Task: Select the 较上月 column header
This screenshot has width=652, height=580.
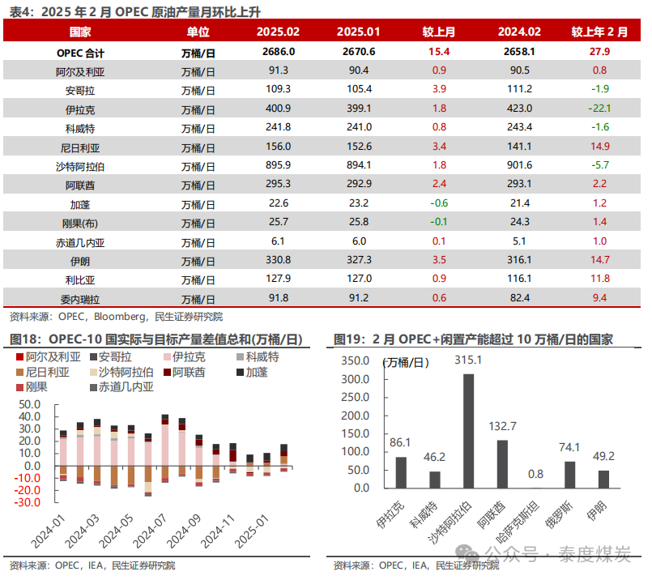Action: point(438,32)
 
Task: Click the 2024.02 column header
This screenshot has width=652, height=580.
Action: point(519,32)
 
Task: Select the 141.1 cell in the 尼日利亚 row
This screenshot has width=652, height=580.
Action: point(519,146)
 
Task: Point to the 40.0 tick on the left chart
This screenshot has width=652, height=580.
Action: point(29,416)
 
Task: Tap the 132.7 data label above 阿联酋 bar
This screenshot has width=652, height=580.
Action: point(503,426)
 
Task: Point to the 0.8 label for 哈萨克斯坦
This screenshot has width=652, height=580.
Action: point(535,474)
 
